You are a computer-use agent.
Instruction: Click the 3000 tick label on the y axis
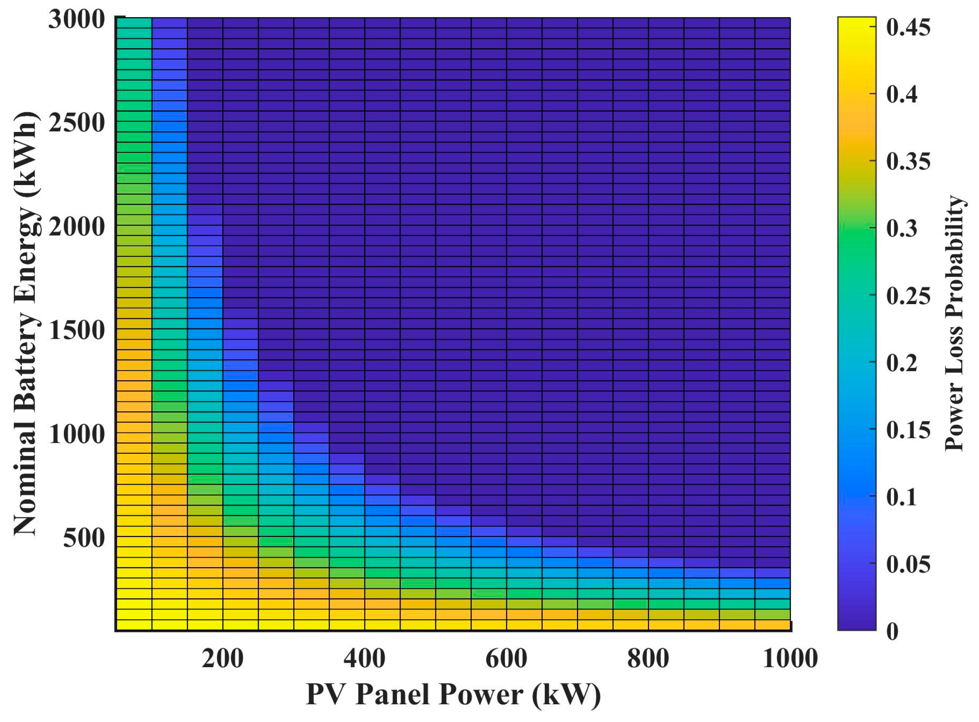76,20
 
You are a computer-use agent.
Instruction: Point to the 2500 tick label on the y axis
76,123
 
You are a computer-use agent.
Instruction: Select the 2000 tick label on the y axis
76,228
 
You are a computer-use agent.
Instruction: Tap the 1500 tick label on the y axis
76,330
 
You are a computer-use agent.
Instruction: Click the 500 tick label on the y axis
84,538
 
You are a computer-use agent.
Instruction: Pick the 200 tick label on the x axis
222,658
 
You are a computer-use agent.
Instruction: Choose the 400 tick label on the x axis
364,658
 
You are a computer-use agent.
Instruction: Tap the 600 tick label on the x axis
506,658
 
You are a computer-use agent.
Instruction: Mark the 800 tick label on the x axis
648,658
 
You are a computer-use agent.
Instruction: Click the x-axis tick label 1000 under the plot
790,658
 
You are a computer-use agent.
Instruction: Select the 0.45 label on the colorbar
908,27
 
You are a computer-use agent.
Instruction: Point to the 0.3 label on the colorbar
902,229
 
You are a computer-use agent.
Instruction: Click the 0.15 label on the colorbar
908,430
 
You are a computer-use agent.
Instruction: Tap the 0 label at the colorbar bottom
892,631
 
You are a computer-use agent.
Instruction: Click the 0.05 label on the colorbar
908,564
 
